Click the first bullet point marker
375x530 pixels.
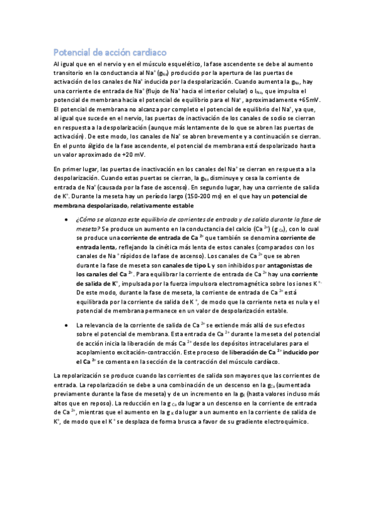coord(67,221)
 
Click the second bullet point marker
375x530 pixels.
coord(67,326)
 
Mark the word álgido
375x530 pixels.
coord(91,146)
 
